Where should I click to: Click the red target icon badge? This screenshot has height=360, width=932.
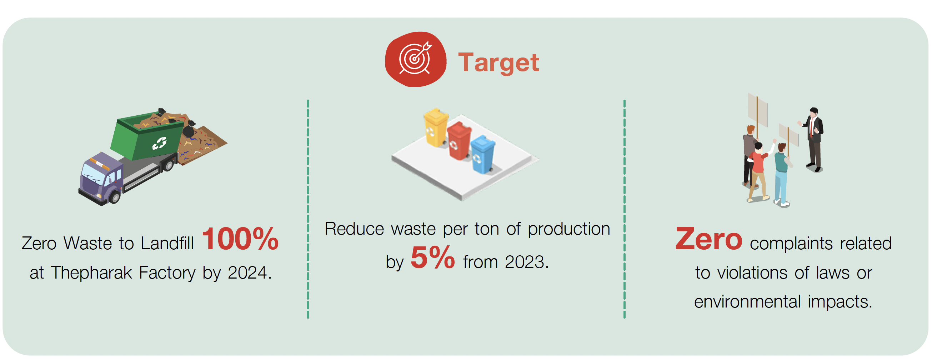coord(415,59)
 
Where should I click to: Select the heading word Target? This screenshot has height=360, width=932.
coord(498,62)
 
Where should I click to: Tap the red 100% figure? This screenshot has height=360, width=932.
coord(240,239)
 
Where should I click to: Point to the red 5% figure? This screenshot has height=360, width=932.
coord(432,257)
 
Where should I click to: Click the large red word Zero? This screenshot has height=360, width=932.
coord(709,239)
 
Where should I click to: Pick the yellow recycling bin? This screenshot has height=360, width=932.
coord(436,128)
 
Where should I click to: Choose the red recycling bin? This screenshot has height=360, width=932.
coord(459,141)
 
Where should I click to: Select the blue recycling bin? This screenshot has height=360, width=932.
coord(483,155)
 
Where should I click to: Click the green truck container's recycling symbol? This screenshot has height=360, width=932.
coord(159,143)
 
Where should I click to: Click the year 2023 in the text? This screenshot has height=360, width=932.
coord(525,262)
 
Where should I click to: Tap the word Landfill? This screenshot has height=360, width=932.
coord(167,243)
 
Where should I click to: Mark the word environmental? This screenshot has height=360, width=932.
coord(747,301)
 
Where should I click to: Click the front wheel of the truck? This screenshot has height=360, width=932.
coord(115,197)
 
